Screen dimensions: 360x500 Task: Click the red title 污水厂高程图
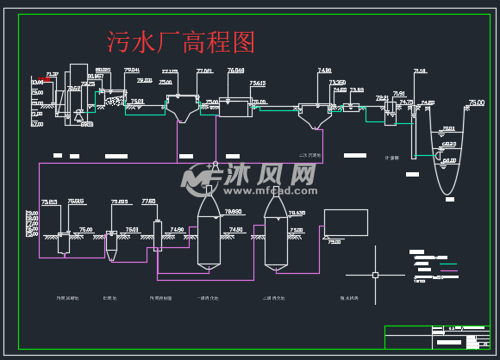coord(180,40)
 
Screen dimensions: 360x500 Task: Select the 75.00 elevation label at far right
coord(475,102)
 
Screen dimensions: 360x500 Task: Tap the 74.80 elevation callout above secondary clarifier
coord(324,70)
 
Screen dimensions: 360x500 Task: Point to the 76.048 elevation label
coord(235,70)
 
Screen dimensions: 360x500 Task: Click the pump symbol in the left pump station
coord(78,112)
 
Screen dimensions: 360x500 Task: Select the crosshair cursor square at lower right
coord(375,275)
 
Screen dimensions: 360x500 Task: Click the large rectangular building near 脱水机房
coord(345,222)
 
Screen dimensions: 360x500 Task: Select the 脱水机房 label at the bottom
coord(349,298)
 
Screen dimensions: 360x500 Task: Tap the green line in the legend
coord(447,263)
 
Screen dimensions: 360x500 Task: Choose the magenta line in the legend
coord(447,271)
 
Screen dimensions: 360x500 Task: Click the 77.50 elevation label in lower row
coord(148,201)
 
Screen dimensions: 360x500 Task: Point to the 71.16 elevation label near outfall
coord(420,71)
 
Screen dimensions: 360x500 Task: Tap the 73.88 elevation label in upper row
coord(356,90)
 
